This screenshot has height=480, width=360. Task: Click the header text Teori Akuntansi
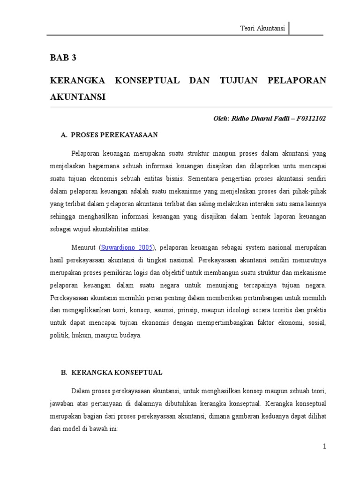262,28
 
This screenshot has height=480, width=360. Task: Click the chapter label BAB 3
63,58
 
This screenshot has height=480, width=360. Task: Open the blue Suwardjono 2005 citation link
127,247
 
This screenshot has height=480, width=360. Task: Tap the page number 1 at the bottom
324,447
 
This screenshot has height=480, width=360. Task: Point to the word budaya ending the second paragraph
129,336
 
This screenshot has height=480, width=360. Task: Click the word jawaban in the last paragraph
62,404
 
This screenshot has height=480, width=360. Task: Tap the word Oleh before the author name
221,119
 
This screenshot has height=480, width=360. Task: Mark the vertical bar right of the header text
289,28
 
